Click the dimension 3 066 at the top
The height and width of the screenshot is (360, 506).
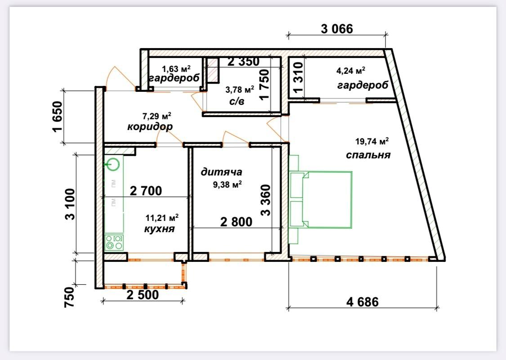pos(337,29)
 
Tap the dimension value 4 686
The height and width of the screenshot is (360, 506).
pos(363,302)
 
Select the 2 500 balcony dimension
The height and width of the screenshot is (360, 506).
pos(143,294)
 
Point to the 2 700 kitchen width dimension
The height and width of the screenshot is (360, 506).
pos(146,191)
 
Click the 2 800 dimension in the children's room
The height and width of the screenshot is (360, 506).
pos(236,222)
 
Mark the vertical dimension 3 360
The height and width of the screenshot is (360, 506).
pos(266,200)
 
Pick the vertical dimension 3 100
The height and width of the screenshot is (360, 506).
pos(70,204)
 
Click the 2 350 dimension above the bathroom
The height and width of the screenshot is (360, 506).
pos(243,61)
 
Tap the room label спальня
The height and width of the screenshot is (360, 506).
pos(368,155)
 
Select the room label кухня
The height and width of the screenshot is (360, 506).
pos(159,229)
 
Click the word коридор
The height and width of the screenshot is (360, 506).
pos(150,126)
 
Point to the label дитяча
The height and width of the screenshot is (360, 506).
pos(221,172)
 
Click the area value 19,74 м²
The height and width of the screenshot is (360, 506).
pos(372,141)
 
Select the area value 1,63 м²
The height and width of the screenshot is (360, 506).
pos(176,69)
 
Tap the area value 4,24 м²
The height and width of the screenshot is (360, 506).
pos(351,70)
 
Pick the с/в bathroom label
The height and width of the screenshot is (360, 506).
pos(237,102)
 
